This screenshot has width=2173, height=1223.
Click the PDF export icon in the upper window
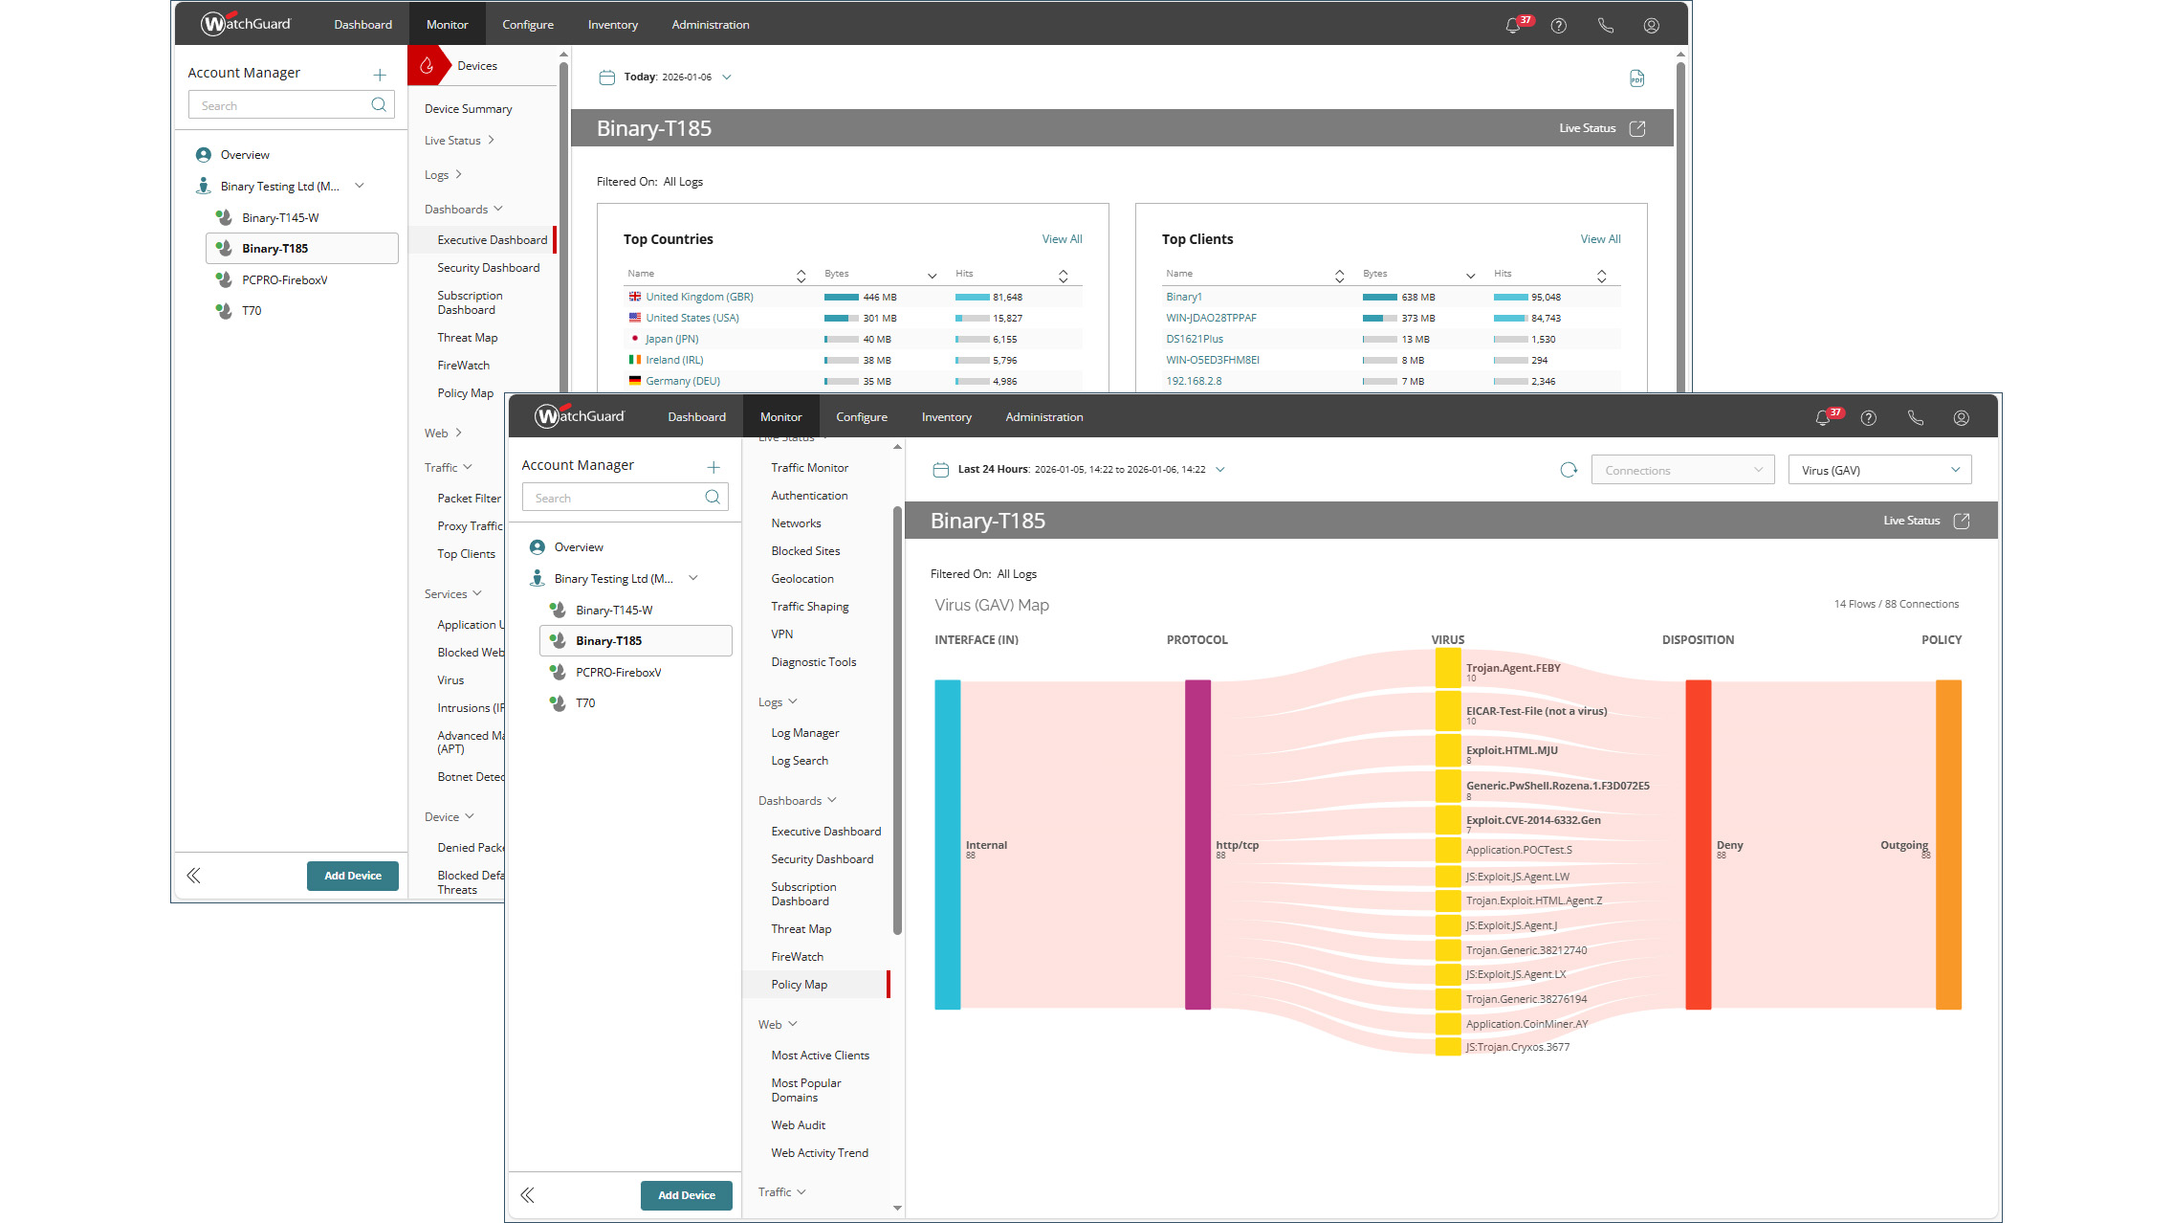[x=1636, y=78]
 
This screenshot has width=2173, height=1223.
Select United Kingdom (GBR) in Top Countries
[x=698, y=297]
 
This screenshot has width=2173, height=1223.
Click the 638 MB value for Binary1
[x=1417, y=297]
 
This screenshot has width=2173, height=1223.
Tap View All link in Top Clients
[x=1599, y=239]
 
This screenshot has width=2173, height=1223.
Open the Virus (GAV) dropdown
[x=1878, y=470]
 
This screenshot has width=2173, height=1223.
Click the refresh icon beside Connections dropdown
[x=1568, y=470]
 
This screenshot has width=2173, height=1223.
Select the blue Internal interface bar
[x=947, y=844]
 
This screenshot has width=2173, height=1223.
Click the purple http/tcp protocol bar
[x=1197, y=844]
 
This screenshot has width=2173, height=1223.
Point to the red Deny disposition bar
[x=1698, y=844]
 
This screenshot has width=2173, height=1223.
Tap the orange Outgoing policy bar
[x=1947, y=844]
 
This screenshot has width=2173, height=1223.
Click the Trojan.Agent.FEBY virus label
[x=1512, y=668]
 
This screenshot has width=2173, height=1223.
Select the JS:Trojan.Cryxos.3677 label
[x=1517, y=1047]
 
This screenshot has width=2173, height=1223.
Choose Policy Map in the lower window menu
[x=799, y=985]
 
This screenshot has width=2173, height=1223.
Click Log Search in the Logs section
[x=799, y=761]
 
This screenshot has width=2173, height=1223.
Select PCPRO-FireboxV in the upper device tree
[x=284, y=280]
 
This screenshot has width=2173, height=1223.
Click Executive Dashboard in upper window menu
[x=492, y=240]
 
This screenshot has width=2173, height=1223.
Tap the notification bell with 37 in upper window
[x=1513, y=26]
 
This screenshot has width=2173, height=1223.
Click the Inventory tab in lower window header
[x=946, y=417]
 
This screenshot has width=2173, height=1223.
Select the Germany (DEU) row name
[x=682, y=381]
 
